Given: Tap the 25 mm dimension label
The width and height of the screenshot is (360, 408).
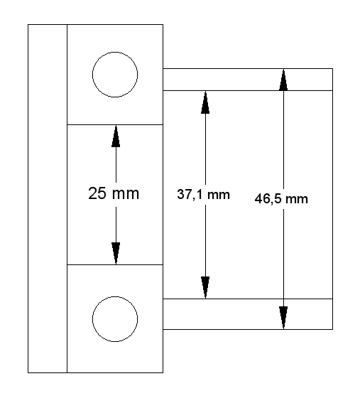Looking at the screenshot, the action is pos(114,193).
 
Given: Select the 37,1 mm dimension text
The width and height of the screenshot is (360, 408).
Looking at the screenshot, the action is pos(203,195).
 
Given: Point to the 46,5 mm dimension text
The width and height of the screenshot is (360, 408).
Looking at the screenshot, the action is pos(281,199).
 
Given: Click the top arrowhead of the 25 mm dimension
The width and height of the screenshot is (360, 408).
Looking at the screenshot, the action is pos(116,136).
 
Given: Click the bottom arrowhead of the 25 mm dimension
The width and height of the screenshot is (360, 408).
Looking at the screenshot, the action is pos(116,254).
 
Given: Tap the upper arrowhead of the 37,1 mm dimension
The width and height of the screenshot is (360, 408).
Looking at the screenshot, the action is pos(205,102).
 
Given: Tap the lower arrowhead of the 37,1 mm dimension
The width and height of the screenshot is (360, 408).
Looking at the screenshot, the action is pos(205,288).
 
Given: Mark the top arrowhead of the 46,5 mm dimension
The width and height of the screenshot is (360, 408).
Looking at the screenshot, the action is pos(283,80).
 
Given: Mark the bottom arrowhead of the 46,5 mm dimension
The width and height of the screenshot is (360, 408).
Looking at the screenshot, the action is pos(283,318).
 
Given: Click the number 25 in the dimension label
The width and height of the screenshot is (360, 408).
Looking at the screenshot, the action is pos(97,193).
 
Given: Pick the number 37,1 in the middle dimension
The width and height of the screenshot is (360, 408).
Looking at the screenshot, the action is pos(190,195).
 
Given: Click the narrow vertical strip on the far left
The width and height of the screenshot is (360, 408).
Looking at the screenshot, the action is pos(48,198).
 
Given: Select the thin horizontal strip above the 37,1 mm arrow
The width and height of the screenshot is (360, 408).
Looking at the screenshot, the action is pos(248,80).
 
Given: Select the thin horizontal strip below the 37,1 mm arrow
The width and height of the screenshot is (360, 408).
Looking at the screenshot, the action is pos(248,314).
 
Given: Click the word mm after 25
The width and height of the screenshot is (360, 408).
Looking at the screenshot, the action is pos(126,194).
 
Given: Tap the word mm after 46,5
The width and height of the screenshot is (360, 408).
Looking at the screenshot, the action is pos(297,200).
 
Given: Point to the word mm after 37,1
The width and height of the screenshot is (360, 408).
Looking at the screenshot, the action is pos(219,195).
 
